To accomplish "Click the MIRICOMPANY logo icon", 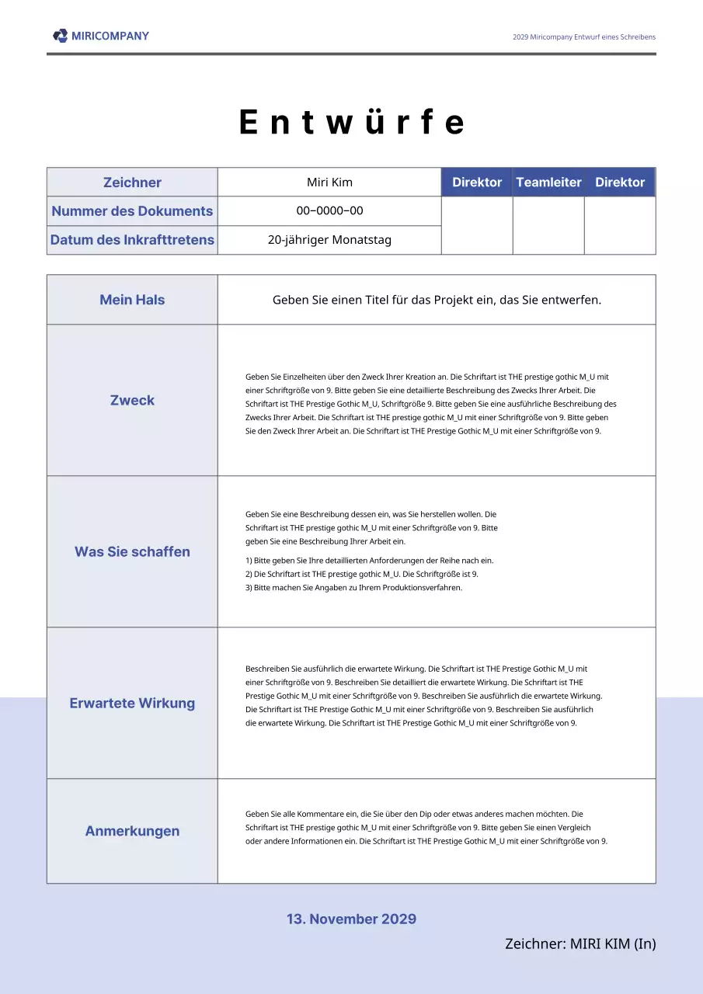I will (60, 36).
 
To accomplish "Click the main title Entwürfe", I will (351, 123).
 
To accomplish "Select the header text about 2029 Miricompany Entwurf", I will (584, 37).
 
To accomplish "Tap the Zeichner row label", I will (132, 182).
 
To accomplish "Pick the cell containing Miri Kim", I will (329, 182).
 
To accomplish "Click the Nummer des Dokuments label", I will (132, 211).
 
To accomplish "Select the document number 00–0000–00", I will (329, 211).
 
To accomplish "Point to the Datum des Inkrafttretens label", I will (132, 240).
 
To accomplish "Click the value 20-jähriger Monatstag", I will (329, 240).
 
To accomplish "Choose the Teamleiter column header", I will (548, 182).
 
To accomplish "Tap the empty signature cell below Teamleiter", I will (548, 225).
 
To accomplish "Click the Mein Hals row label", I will (132, 300).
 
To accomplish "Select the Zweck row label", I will (132, 400).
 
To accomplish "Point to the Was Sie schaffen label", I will (132, 551).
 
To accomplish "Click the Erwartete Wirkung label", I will (132, 703).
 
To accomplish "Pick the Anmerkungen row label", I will (132, 831).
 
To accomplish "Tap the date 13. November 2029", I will (351, 919).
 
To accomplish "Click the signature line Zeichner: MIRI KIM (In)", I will (580, 944).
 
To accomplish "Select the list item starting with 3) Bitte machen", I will (353, 588).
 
